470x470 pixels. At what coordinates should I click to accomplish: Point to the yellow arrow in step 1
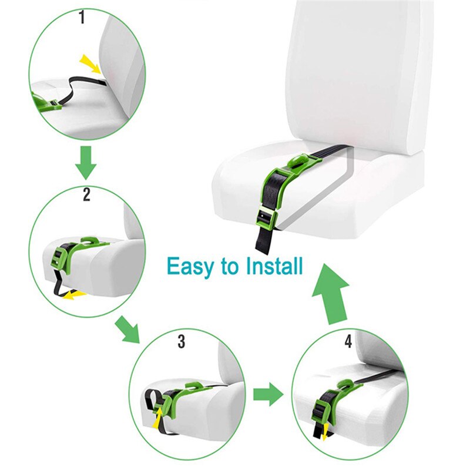(90, 62)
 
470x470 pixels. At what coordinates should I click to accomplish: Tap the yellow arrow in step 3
(158, 418)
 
